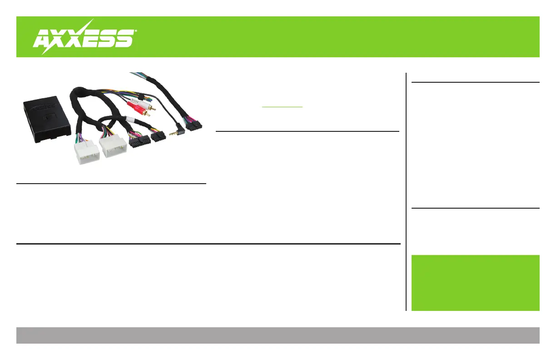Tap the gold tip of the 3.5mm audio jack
pos(170,135)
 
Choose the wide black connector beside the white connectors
pos(139,141)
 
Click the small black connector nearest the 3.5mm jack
pos(158,136)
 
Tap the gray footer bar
pos(278,335)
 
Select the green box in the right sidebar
pos(475,283)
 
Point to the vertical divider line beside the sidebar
pos(406,191)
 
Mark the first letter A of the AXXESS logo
pos(44,39)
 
